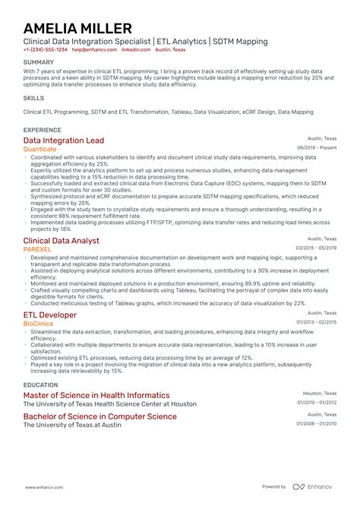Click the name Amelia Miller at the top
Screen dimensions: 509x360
pos(77,28)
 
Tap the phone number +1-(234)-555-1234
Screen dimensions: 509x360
pos(45,49)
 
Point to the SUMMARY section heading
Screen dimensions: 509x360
pos(39,62)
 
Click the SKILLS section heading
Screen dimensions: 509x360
pos(33,98)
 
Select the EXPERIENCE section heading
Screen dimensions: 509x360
pos(43,131)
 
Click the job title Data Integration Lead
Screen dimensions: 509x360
pos(64,141)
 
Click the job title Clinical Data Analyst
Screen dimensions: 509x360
pos(61,241)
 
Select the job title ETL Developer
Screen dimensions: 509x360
pos(49,315)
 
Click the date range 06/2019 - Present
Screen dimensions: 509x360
pos(317,148)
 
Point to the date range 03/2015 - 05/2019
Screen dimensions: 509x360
pos(317,248)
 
